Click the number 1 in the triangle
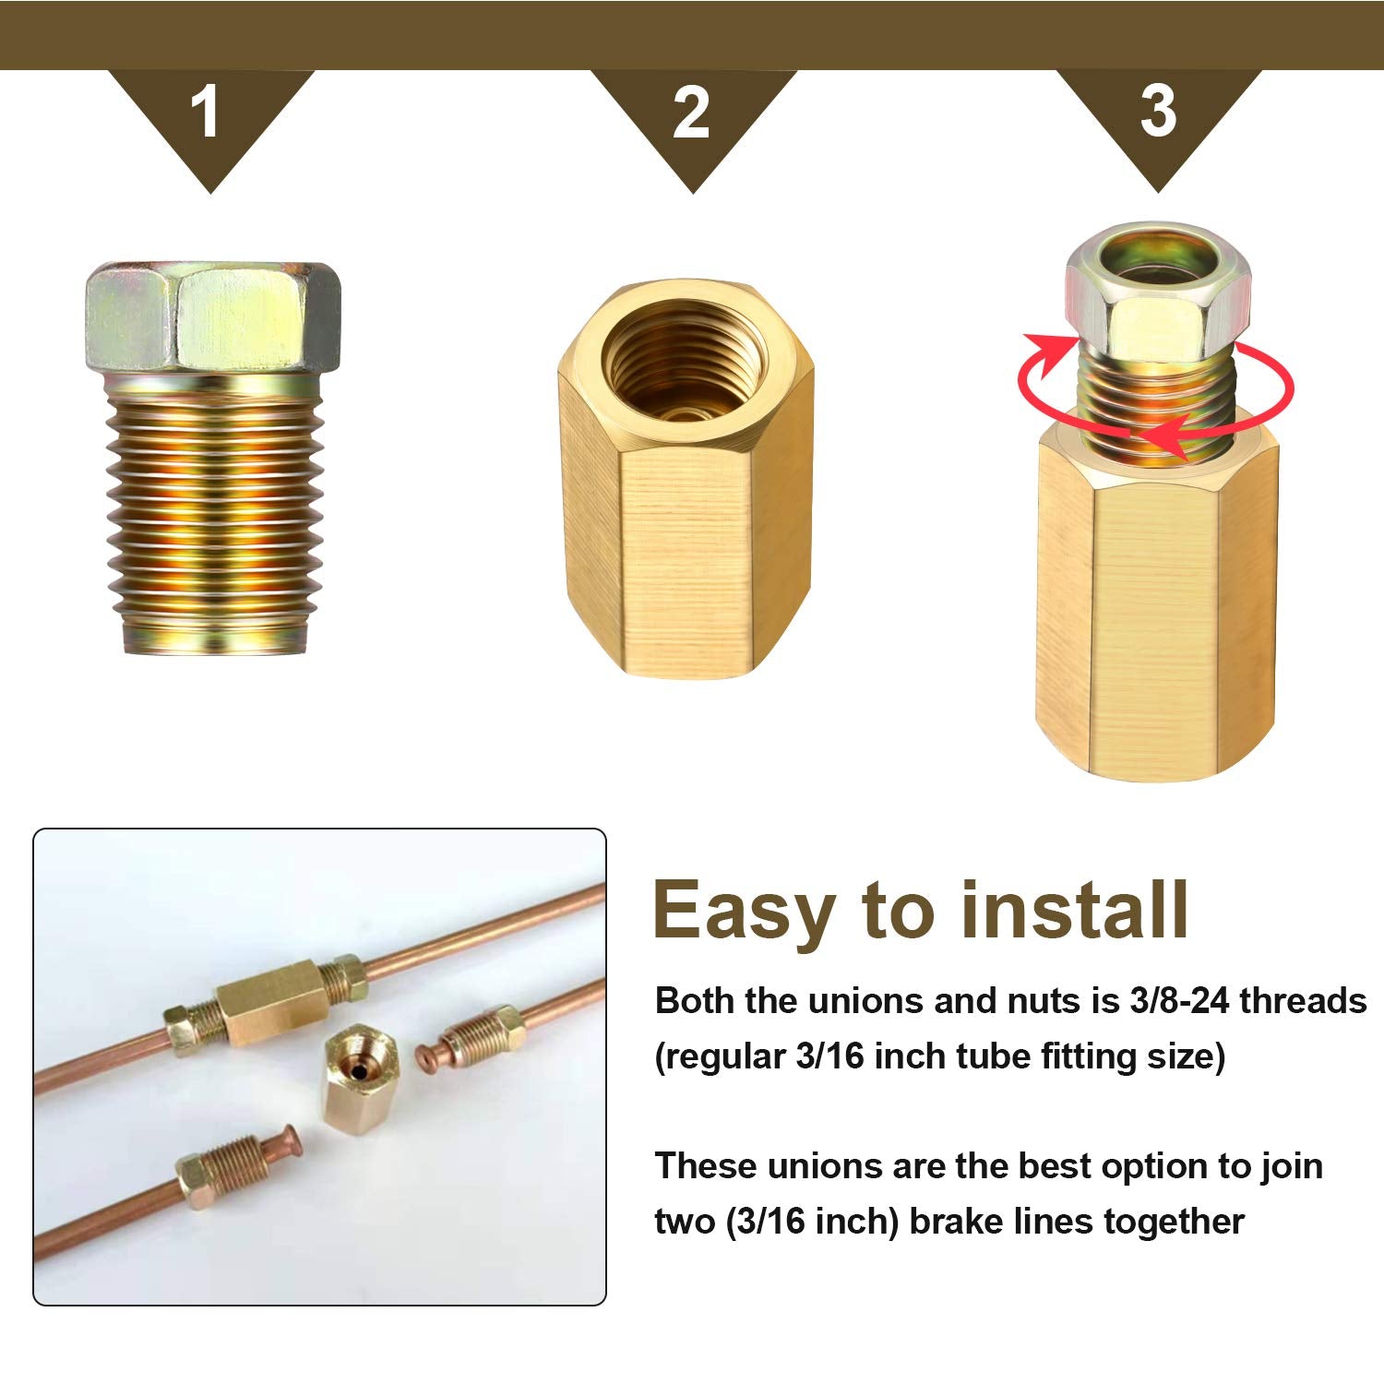[x=206, y=113]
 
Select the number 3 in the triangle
[x=1158, y=112]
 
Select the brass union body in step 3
[x=1157, y=609]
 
